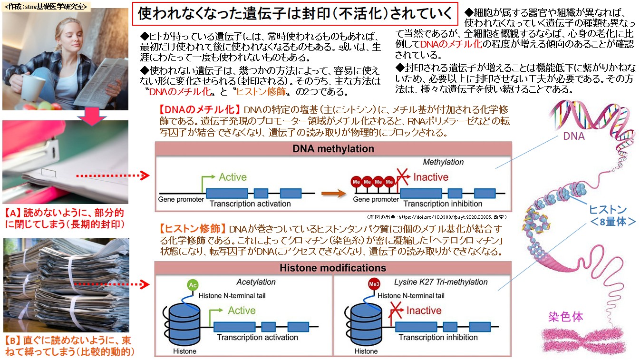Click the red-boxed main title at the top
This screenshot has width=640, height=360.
coord(295,13)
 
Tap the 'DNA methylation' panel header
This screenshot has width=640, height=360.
coord(333,149)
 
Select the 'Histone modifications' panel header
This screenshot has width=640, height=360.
coord(332,268)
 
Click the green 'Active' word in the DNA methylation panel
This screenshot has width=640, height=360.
coord(233,177)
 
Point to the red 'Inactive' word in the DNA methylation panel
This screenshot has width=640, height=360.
coord(430,177)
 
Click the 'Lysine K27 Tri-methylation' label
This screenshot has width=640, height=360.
coord(441,282)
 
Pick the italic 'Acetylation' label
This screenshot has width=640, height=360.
coord(256,282)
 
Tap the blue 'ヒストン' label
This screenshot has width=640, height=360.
coord(607,209)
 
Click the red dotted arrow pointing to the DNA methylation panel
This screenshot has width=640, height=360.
coord(113,176)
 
